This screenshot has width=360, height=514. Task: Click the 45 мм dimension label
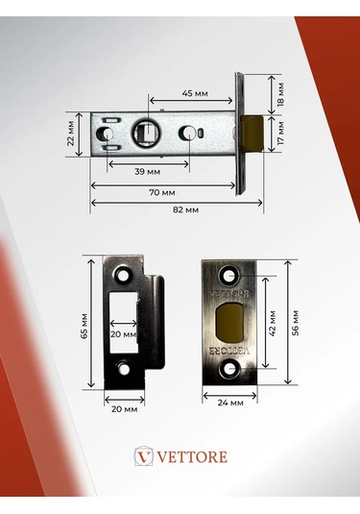(194, 94)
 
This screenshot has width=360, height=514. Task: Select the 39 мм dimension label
(147, 170)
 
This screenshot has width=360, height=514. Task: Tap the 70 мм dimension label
(161, 192)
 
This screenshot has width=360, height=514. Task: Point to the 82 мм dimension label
(184, 208)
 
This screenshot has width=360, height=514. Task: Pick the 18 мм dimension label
(280, 93)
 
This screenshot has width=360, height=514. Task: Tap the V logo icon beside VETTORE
(144, 455)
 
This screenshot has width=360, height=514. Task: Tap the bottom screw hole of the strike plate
(123, 368)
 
